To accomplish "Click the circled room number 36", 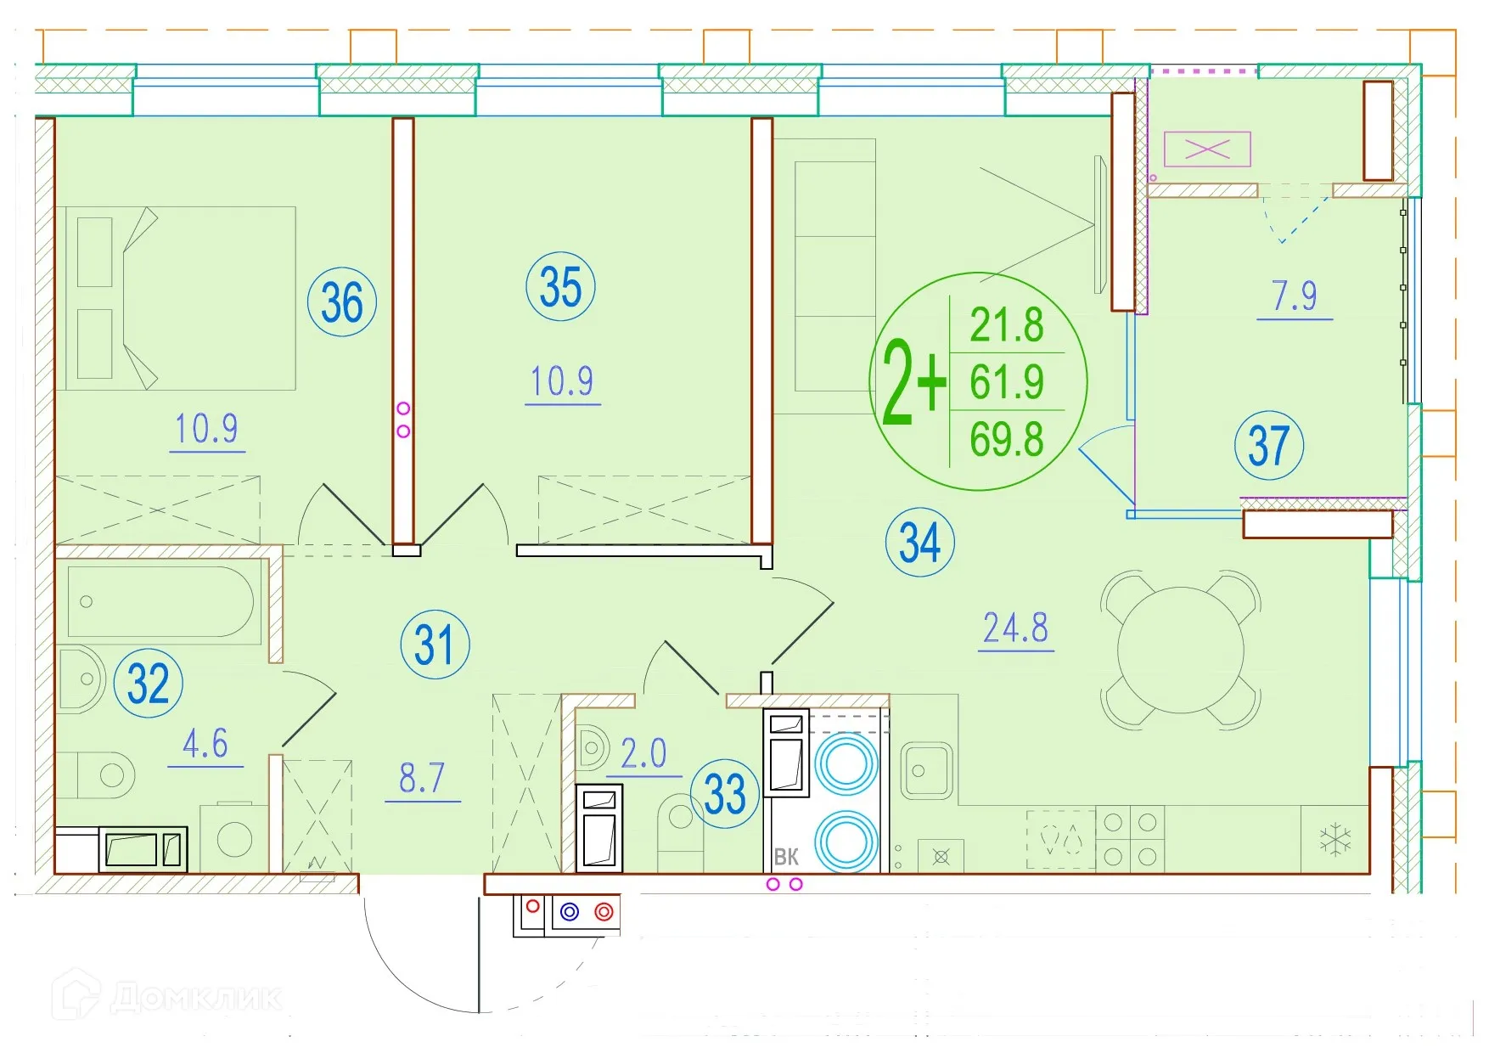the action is point(341,301).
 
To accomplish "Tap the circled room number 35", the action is point(560,286).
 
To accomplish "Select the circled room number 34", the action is point(920,542).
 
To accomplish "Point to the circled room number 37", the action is point(1269,445).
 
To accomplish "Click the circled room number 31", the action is point(435,645).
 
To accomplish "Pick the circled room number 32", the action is point(149,683).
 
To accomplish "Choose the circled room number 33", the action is point(725,793).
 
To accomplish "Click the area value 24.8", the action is point(1015,628).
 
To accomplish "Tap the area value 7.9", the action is point(1295,296).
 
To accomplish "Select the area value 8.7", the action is point(422,778).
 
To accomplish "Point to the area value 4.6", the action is point(205,744).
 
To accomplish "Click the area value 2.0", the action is point(643,753).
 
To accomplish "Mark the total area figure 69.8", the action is point(1007,440).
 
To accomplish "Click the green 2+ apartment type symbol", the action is point(913,381).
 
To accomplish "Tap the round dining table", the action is point(1181,650).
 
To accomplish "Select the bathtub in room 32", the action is point(160,601).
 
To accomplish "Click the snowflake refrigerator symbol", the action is point(1335,839).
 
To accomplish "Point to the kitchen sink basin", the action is point(926,770).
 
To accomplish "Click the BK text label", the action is point(786,857).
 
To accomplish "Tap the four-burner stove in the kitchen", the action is point(1130,839).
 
